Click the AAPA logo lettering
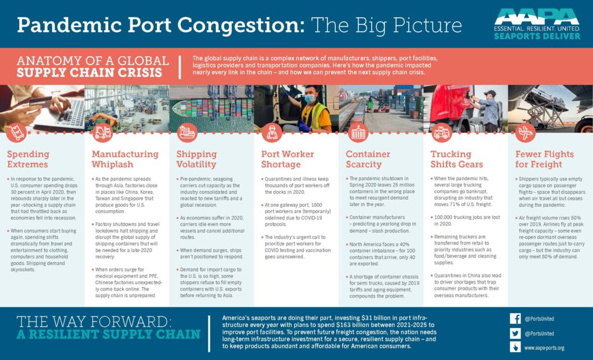coord(537,16)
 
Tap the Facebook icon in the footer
coord(515,318)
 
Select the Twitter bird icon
coord(515,333)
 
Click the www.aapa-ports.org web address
coord(544,348)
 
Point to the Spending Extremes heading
coord(28,159)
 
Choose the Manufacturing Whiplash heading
coord(125,159)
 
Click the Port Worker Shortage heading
coord(287,159)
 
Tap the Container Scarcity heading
coord(368,159)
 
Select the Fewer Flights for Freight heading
coord(544,159)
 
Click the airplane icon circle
coord(525,133)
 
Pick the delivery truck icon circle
coord(441,133)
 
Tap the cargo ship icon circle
coord(187,133)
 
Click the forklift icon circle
coord(103,133)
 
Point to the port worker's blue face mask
coord(309,99)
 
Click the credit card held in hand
coord(41,102)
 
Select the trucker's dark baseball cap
coord(490,93)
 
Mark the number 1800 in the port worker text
coord(317,205)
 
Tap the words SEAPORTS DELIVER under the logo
coord(537,36)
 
